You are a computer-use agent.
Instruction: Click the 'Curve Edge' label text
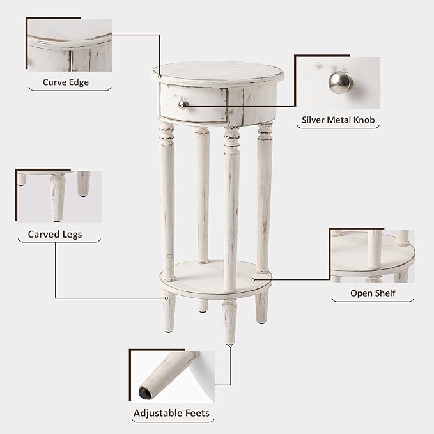[x=66, y=82]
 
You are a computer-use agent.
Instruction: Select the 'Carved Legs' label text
[x=55, y=235]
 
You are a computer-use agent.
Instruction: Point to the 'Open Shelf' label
[x=373, y=293]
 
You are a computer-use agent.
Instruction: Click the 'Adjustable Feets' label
[x=171, y=414]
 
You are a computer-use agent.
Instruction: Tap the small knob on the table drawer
[x=182, y=104]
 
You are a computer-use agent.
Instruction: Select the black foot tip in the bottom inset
[x=146, y=392]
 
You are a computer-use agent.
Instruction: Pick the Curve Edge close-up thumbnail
[x=70, y=46]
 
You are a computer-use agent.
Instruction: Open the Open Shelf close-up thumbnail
[x=372, y=256]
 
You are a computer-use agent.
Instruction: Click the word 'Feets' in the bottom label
[x=196, y=414]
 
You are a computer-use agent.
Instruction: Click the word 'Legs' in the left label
[x=72, y=235]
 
